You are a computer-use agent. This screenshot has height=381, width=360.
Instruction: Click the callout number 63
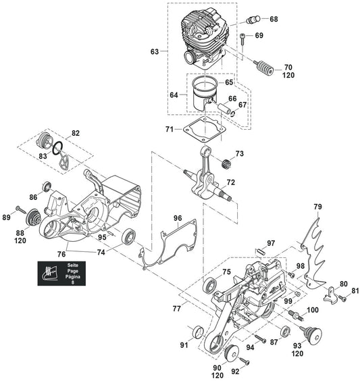[x=155, y=51]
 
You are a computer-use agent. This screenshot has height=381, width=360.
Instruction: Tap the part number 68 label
[x=274, y=19]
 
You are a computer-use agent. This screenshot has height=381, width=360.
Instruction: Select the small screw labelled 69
[x=243, y=39]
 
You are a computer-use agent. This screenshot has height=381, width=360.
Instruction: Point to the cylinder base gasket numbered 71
[x=205, y=130]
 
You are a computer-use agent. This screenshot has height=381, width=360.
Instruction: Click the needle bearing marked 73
[x=226, y=163]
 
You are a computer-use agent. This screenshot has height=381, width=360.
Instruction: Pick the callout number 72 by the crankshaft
[x=231, y=182]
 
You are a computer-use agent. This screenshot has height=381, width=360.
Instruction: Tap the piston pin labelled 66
[x=225, y=109]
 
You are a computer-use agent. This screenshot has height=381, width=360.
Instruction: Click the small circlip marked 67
[x=233, y=114]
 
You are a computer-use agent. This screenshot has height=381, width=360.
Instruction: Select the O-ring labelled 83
[x=58, y=148]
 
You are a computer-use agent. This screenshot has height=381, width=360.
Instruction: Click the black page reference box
[x=61, y=274]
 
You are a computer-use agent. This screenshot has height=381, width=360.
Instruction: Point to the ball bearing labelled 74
[x=128, y=236]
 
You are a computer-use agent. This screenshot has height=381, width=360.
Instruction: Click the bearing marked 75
[x=209, y=285]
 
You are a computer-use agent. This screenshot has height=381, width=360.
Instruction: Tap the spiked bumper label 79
[x=317, y=207]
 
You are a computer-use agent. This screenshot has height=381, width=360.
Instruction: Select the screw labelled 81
[x=342, y=299]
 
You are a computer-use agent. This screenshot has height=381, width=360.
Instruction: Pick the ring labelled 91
[x=198, y=332]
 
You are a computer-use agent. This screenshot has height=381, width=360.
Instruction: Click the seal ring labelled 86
[x=47, y=186]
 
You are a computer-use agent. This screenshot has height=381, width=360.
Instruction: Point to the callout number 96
[x=178, y=218]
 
